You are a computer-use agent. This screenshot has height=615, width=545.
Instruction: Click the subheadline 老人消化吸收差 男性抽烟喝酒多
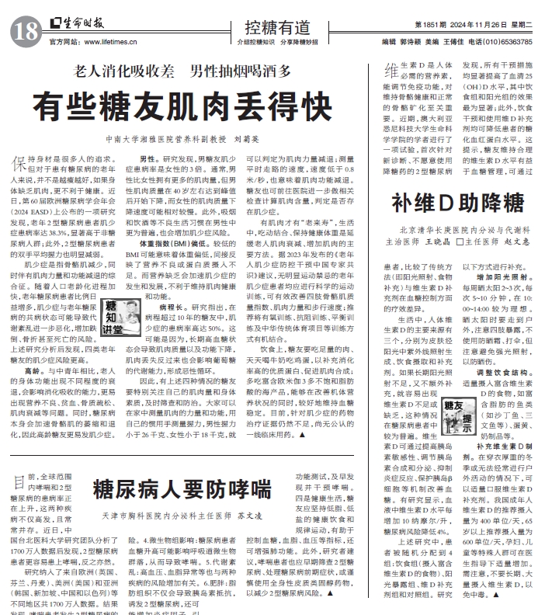pos(182,71)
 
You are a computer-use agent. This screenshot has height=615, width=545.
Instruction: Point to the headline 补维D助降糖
pos(457,204)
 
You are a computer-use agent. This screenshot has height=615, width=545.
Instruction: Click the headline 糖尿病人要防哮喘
pos(182,488)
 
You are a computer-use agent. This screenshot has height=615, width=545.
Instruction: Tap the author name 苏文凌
pos(249,515)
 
